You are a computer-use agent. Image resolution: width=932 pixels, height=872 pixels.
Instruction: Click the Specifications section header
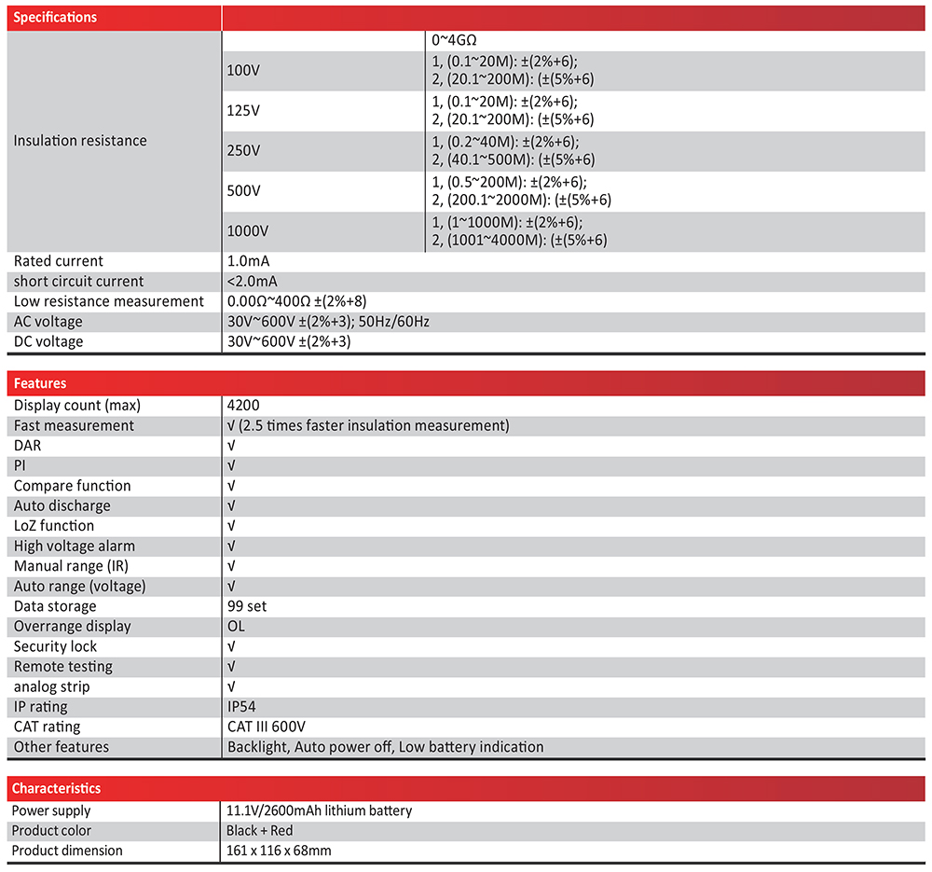pos(55,18)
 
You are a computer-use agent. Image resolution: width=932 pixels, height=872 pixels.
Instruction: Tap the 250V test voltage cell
pos(243,151)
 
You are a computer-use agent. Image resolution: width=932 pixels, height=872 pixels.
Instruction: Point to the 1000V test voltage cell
pos(247,231)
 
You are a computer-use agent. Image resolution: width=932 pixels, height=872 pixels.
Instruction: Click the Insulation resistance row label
pos(80,141)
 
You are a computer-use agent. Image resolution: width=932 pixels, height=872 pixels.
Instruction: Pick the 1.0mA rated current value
pos(249,261)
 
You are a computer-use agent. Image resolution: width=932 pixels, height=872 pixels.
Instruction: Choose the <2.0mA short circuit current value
pos(253,282)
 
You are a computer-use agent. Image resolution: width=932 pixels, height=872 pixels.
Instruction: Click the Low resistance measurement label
pos(108,301)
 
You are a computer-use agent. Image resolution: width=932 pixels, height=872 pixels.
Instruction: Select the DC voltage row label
pos(48,341)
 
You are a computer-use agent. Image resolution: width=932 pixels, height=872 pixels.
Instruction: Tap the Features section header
pos(40,383)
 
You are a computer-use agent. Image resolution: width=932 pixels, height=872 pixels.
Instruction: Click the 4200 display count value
pos(243,406)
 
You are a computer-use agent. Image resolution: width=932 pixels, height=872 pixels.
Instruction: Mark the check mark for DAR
pos(231,446)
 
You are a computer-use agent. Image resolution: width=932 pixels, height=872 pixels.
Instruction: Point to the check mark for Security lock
pos(231,646)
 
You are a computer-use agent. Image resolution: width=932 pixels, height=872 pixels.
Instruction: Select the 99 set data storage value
pos(247,606)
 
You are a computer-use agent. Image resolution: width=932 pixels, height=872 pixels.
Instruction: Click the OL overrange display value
pos(237,627)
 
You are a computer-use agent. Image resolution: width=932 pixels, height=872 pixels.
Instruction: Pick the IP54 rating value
pos(241,707)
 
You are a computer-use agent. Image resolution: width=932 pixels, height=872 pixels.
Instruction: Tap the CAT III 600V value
pos(267,727)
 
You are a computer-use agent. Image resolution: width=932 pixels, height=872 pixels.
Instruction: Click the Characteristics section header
pos(56,789)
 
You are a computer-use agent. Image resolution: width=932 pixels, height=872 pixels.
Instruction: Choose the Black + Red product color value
pos(259,831)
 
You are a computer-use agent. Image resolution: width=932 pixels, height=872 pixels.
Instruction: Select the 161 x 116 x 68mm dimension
pos(279,851)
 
